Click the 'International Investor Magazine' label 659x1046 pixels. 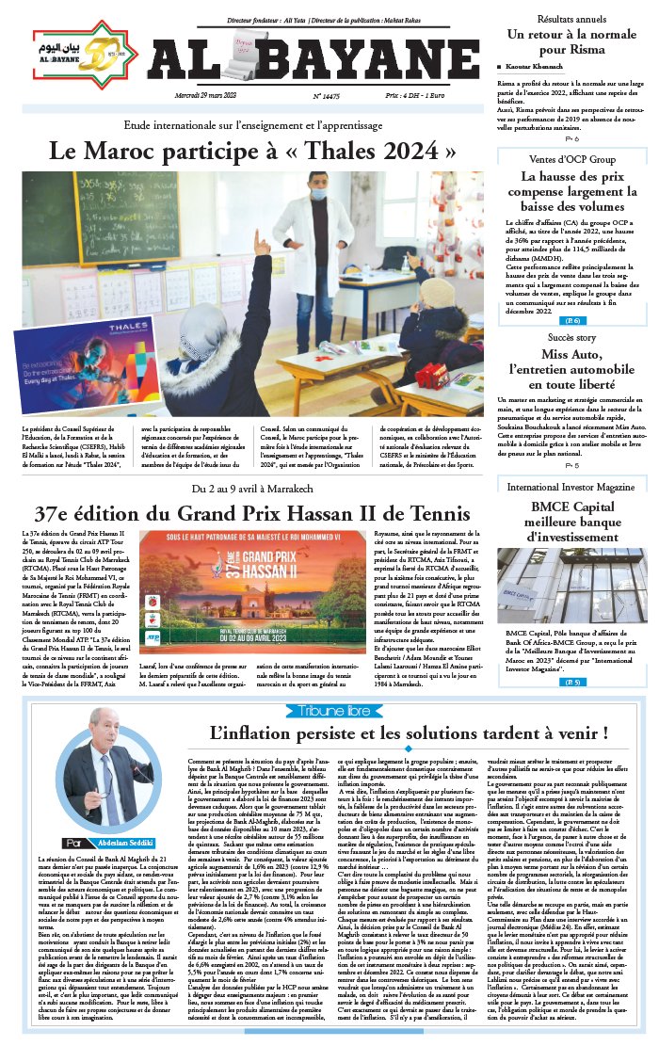pyautogui.click(x=571, y=487)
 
